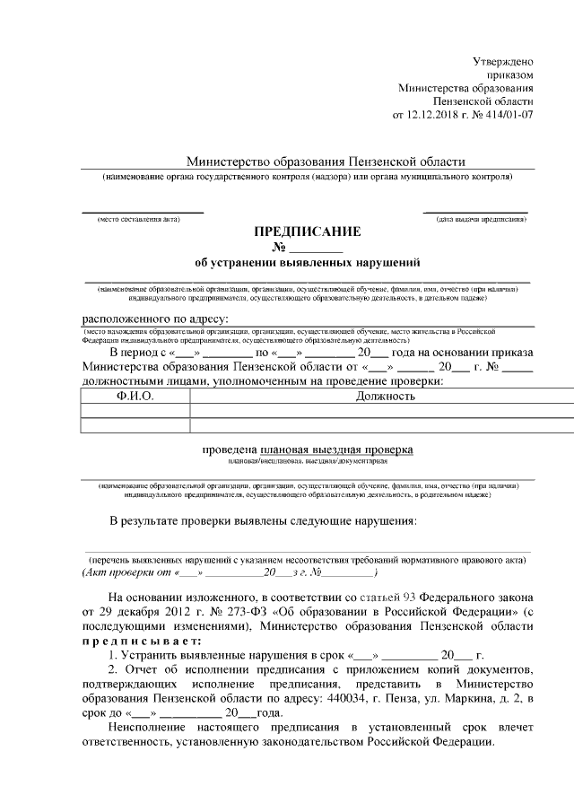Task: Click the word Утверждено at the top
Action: [x=503, y=60]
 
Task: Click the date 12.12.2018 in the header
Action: [x=433, y=117]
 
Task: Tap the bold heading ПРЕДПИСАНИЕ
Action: [x=308, y=231]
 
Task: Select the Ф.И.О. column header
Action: [x=135, y=396]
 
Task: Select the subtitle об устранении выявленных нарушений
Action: [x=308, y=263]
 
